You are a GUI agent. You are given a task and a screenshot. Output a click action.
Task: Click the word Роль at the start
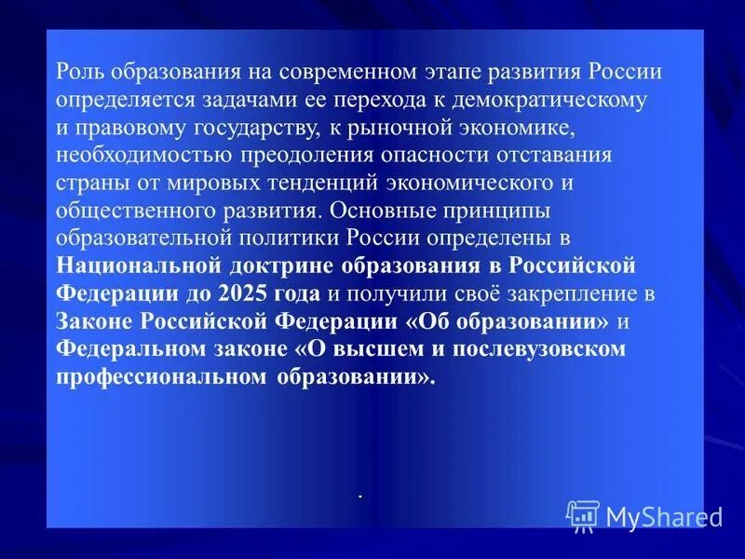click(78, 73)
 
